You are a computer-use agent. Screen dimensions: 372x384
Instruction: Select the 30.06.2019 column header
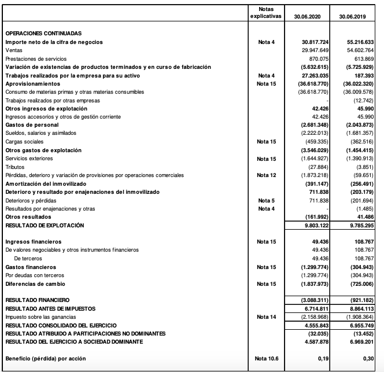click(353, 16)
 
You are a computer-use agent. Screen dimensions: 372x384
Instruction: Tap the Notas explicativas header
click(266, 12)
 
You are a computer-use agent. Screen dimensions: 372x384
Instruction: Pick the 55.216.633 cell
click(361, 42)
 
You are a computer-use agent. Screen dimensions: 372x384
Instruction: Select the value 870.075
click(319, 59)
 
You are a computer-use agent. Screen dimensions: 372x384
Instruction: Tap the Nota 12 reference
click(267, 175)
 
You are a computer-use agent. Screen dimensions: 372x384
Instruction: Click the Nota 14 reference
click(267, 318)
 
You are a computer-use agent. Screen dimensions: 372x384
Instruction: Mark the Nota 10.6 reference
click(267, 359)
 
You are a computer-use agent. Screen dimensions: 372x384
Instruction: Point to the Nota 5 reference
click(267, 200)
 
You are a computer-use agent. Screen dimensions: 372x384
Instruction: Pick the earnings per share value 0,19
click(324, 359)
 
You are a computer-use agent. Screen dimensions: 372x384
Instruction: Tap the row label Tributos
click(15, 167)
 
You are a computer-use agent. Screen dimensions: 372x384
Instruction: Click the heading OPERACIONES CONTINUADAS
click(44, 34)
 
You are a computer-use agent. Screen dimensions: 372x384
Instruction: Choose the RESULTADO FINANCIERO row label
click(38, 300)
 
